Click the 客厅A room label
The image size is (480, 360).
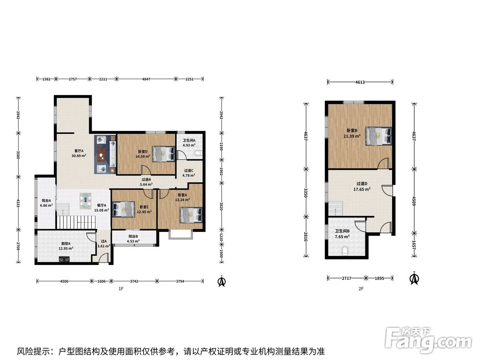[79, 151]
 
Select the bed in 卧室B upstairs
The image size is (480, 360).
[379, 136]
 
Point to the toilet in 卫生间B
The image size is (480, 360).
[345, 251]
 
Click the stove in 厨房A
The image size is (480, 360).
[64, 260]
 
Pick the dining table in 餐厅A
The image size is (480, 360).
[85, 201]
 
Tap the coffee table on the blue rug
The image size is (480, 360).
[101, 154]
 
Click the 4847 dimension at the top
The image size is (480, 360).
[146, 79]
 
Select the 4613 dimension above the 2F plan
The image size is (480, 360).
[360, 82]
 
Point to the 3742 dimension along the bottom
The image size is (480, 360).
[134, 281]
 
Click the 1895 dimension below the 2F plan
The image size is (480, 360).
[379, 278]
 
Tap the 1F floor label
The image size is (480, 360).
[121, 288]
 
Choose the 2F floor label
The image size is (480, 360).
[361, 288]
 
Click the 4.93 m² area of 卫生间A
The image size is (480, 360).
[189, 145]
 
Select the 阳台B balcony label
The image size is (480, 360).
[133, 236]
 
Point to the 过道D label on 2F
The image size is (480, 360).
[362, 184]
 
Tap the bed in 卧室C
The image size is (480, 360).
[124, 209]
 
